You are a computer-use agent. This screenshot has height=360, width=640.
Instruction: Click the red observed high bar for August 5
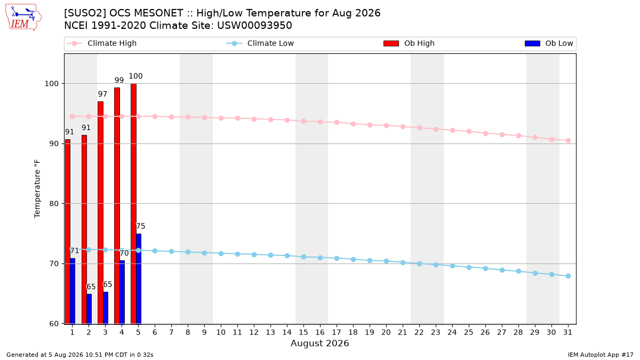[133, 204]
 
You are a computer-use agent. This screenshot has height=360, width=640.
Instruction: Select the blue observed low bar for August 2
[89, 309]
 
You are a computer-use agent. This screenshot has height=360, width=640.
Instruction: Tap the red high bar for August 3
[100, 213]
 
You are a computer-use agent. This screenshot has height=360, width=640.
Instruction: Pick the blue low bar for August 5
[139, 279]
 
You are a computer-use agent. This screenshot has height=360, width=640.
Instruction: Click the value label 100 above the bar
[135, 76]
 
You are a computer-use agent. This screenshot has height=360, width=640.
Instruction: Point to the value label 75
[140, 226]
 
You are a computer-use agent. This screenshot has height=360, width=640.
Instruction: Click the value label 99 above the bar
[119, 80]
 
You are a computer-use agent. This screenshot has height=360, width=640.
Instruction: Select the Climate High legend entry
[102, 43]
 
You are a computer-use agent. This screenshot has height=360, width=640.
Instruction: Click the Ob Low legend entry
[549, 43]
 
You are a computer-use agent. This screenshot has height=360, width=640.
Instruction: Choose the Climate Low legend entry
[260, 43]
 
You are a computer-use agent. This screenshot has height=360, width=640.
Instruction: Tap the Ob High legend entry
[409, 43]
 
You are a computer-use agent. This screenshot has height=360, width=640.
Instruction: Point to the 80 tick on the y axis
[54, 204]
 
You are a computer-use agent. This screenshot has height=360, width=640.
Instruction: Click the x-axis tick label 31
[567, 332]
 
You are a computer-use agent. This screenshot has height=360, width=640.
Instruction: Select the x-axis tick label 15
[303, 332]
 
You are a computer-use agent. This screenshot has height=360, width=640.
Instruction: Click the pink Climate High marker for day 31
[568, 141]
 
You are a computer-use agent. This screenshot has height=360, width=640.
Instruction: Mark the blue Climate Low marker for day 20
[386, 261]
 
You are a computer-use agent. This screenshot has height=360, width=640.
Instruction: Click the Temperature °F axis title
[37, 189]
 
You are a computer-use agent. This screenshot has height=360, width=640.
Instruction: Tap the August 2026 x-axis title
[319, 343]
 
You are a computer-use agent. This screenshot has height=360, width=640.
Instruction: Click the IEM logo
[23, 18]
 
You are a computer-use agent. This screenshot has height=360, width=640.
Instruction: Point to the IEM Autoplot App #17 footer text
[601, 355]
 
